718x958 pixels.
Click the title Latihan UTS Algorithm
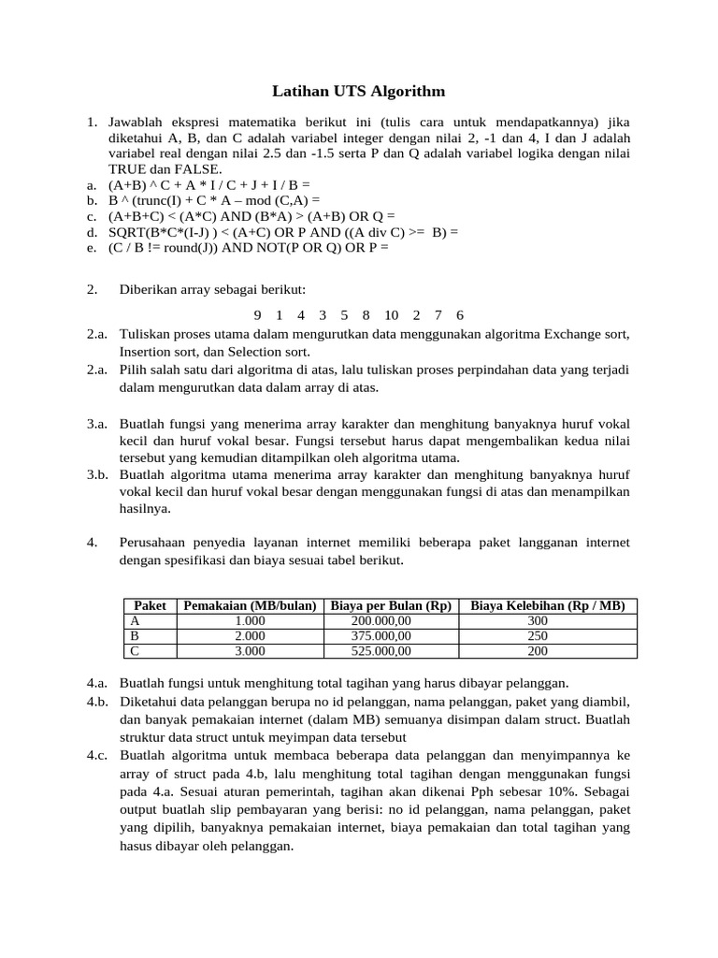tap(358, 91)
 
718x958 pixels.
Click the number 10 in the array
tap(391, 315)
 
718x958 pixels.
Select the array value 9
tap(258, 315)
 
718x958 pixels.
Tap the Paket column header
tap(150, 606)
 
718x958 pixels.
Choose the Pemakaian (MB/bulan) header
tap(251, 606)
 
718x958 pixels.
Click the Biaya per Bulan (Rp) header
tap(391, 606)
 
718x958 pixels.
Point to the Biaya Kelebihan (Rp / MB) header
tap(548, 606)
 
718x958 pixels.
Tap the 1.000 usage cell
tap(251, 621)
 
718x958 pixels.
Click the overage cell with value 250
tap(538, 636)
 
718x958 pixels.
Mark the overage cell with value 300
tap(538, 621)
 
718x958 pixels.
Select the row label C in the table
tap(136, 651)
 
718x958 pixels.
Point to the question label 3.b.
tap(98, 475)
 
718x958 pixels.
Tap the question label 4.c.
tap(98, 755)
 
